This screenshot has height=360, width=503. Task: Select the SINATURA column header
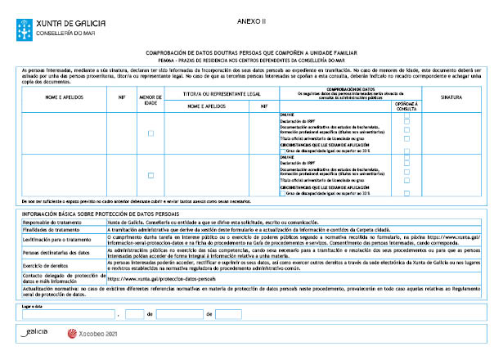(x=451, y=97)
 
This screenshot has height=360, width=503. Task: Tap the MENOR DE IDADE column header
(x=150, y=100)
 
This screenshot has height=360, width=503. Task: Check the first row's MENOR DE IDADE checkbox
(x=150, y=133)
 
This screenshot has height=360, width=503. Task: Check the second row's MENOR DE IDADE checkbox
(x=150, y=175)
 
